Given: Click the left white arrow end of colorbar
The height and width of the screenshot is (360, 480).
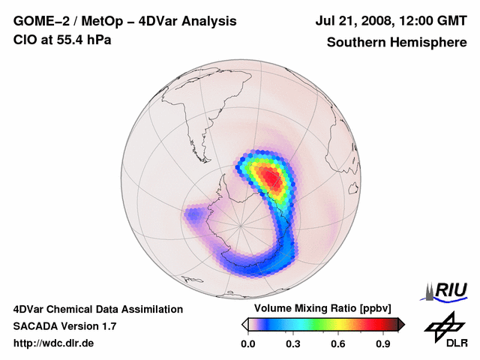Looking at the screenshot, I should click(244, 324).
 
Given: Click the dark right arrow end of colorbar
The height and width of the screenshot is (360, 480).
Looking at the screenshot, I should click(401, 324).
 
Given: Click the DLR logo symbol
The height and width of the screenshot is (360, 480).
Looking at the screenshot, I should click(442, 327).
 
